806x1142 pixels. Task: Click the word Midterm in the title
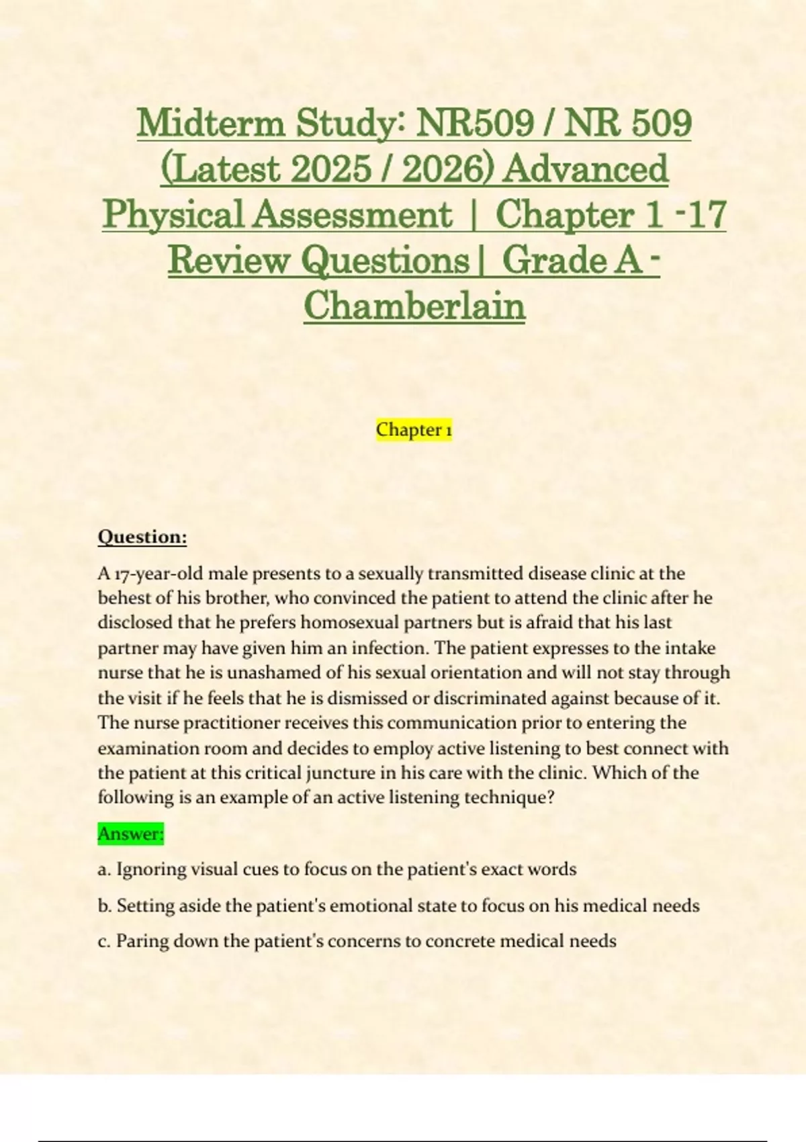click(211, 123)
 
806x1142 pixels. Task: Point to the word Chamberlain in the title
click(414, 306)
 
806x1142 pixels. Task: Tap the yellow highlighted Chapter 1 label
click(414, 429)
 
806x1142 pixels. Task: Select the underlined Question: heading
click(142, 537)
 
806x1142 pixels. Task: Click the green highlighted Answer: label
click(131, 834)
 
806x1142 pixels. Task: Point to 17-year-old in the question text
click(158, 574)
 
